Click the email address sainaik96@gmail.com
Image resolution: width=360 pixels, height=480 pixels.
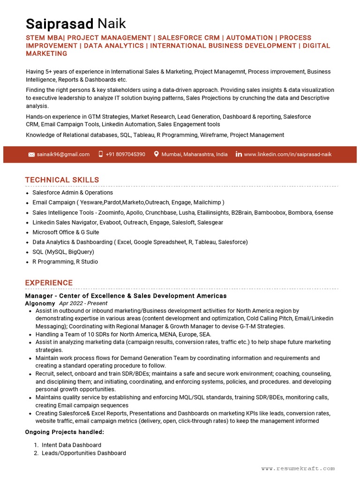(x=63, y=154)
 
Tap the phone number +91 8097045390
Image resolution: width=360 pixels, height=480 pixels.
(x=125, y=154)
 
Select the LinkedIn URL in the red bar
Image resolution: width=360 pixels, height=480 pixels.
(x=287, y=154)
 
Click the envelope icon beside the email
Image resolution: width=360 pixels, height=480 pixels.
(x=31, y=154)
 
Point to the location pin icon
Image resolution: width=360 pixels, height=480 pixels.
(x=156, y=154)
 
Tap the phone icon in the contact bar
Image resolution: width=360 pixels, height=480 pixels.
(x=100, y=154)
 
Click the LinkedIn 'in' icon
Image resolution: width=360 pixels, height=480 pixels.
(x=239, y=154)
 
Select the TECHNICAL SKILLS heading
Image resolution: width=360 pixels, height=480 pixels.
(x=62, y=180)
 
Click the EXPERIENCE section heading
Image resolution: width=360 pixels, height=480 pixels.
(x=49, y=283)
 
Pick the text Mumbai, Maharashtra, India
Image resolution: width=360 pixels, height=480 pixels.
(x=195, y=154)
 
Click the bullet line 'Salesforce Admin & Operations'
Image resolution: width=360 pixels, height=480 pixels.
(x=73, y=193)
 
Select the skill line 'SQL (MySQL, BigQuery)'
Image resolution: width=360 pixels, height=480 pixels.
(x=63, y=252)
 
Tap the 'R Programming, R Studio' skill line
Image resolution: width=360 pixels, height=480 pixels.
(x=65, y=262)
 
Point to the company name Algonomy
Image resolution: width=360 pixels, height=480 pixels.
(x=40, y=304)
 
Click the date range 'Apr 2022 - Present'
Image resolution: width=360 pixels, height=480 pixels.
(x=83, y=304)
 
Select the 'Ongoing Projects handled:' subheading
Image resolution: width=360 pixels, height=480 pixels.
(x=65, y=432)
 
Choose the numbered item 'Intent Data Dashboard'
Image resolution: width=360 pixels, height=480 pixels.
(x=71, y=445)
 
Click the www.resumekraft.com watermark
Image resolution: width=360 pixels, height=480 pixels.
(x=298, y=468)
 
